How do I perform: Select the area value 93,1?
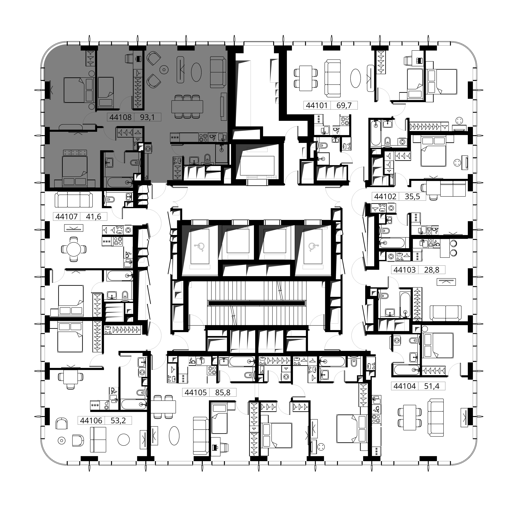(x=147, y=117)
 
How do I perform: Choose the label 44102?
(x=385, y=197)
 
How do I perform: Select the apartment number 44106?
(x=91, y=420)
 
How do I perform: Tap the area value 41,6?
(x=94, y=216)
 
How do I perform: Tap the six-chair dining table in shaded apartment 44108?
(x=187, y=107)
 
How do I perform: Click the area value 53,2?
(x=118, y=420)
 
